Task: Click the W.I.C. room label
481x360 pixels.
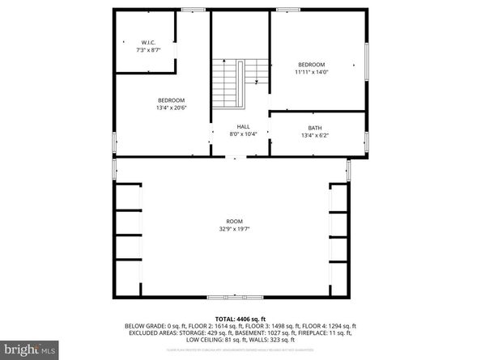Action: [x=148, y=42]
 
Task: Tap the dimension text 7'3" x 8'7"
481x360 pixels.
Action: [x=148, y=49]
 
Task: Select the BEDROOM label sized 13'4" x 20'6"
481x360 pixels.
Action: [x=171, y=100]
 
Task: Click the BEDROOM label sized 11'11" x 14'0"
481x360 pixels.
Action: [x=311, y=65]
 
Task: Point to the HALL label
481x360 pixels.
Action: [x=243, y=126]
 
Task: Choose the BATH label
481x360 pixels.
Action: [x=314, y=127]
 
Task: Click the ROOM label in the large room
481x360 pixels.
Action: [x=234, y=221]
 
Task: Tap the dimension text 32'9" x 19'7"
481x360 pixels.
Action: [x=234, y=228]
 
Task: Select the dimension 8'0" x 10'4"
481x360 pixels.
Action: [x=243, y=133]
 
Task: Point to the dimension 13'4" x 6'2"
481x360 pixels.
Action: [x=314, y=134]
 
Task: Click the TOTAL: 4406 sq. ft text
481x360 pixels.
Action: [x=240, y=319]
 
